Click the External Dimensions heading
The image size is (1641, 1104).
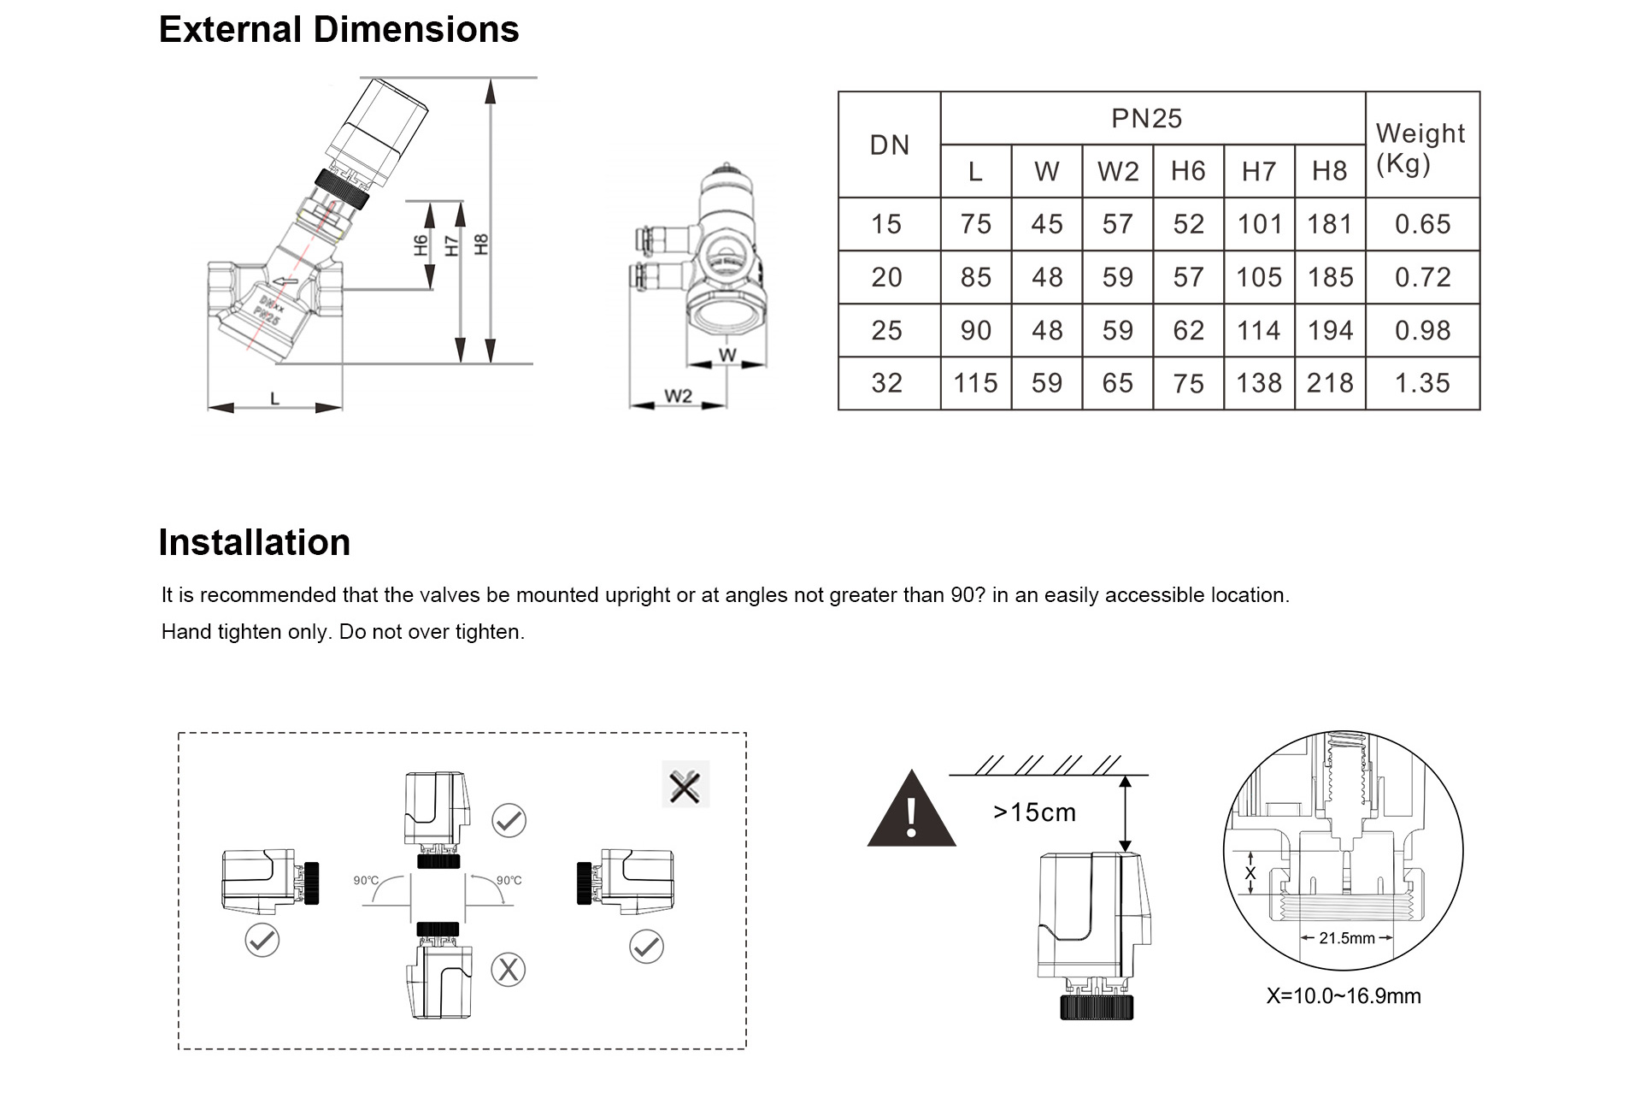(x=338, y=30)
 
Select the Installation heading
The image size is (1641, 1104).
(x=254, y=543)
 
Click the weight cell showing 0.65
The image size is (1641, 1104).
(x=1422, y=224)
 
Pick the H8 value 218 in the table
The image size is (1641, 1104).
(x=1330, y=383)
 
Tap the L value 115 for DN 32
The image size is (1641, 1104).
(x=975, y=383)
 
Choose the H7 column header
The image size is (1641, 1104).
(x=1259, y=172)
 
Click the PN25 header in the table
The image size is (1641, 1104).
(x=1146, y=119)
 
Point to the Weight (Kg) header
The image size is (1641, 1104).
(x=1420, y=147)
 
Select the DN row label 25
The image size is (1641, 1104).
(x=887, y=330)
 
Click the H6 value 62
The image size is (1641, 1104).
(x=1188, y=330)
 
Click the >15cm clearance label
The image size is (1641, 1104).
(x=1034, y=812)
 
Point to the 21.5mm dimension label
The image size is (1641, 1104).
(x=1346, y=938)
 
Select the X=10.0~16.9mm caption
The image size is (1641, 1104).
(x=1344, y=996)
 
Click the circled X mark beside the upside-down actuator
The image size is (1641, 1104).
(x=509, y=970)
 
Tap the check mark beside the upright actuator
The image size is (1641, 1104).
(x=509, y=821)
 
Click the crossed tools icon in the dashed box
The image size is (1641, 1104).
(x=685, y=785)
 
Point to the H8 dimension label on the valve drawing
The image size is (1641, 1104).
(x=481, y=245)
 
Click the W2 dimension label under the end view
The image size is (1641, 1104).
(x=678, y=396)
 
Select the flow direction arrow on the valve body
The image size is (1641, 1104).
(x=285, y=281)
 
